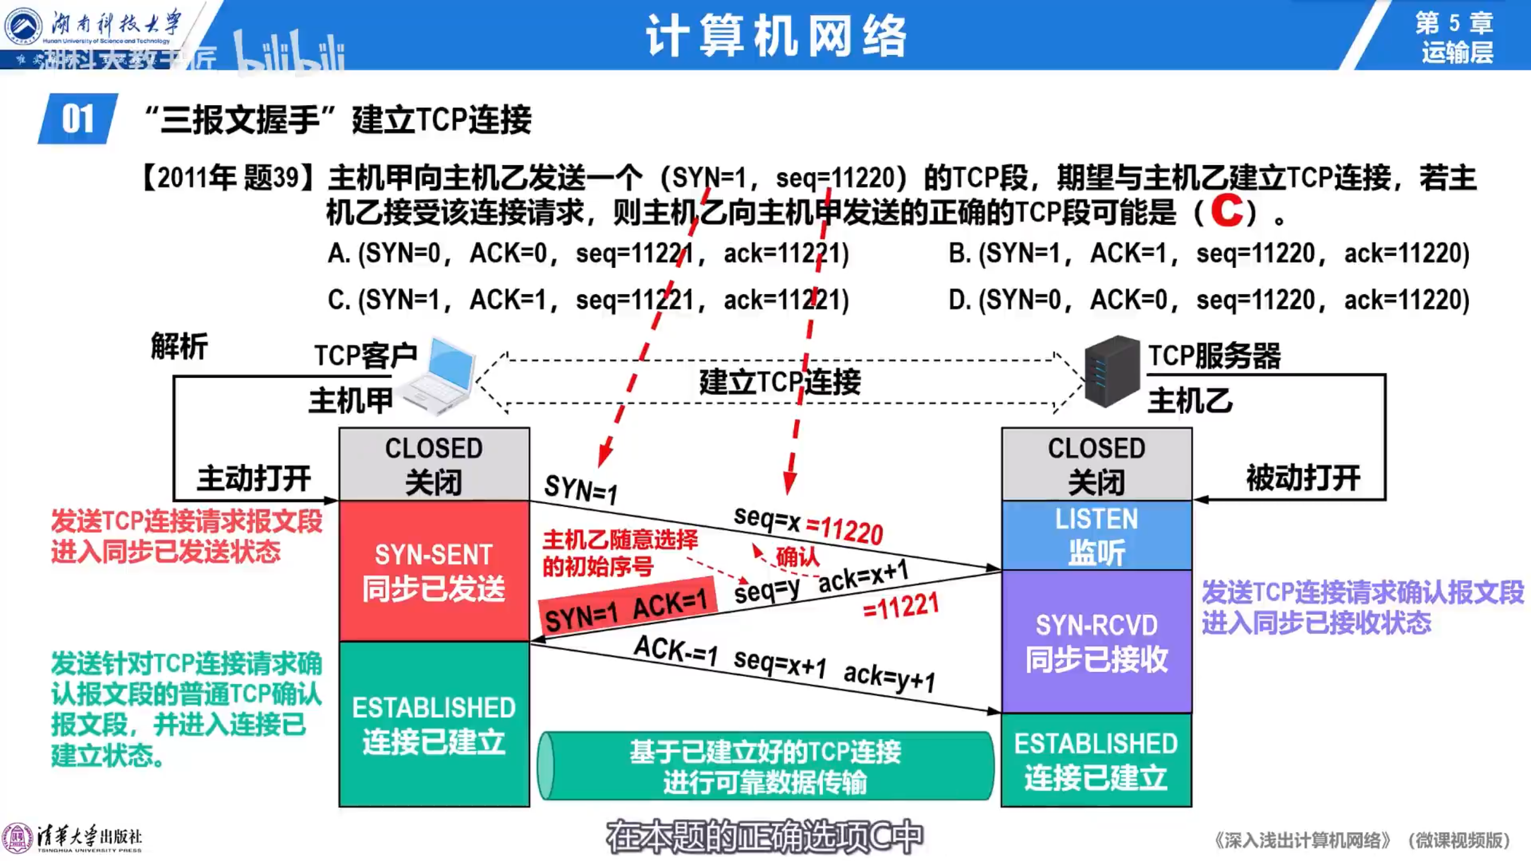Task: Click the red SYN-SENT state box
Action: click(434, 571)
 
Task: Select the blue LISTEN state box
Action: click(1096, 535)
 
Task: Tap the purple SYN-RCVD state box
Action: click(1096, 642)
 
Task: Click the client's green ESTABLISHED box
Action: click(434, 724)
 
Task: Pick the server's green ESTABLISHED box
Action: click(1096, 760)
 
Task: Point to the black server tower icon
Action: click(1112, 371)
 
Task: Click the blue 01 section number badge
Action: click(78, 118)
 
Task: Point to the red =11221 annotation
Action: click(901, 607)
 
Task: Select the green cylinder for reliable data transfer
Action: click(765, 766)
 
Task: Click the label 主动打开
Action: click(254, 478)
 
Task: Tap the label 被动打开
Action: click(1303, 478)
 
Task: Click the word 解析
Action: click(179, 347)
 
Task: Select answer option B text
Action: click(1209, 254)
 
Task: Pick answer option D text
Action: click(1209, 300)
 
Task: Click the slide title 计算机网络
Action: click(776, 36)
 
